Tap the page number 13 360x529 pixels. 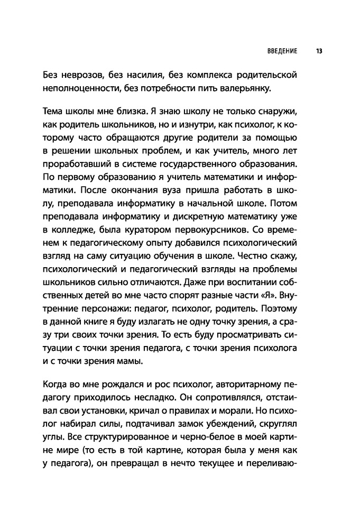pyautogui.click(x=319, y=52)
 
